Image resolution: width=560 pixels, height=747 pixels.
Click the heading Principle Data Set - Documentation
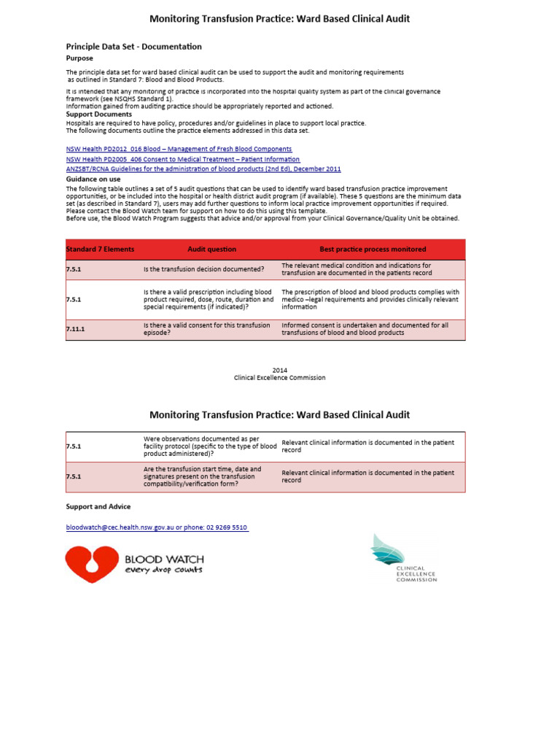point(133,47)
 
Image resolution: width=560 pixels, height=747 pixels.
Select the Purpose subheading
point(79,58)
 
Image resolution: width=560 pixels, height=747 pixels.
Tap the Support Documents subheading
point(99,115)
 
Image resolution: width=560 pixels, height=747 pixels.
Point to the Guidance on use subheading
point(93,179)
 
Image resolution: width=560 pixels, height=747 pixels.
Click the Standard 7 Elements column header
point(100,249)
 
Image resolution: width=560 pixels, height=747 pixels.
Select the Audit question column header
point(211,249)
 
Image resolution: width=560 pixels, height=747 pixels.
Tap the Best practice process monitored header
point(373,249)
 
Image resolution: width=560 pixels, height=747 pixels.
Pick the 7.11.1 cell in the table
point(76,330)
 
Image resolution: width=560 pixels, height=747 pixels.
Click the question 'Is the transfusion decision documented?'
point(203,270)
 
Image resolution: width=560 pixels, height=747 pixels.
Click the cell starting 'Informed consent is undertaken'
point(365,329)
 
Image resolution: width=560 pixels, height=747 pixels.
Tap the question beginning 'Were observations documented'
point(210,446)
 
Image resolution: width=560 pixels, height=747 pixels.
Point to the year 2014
point(279,370)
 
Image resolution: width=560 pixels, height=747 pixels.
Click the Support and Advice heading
point(98,506)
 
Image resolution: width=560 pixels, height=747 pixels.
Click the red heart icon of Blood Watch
point(91,564)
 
